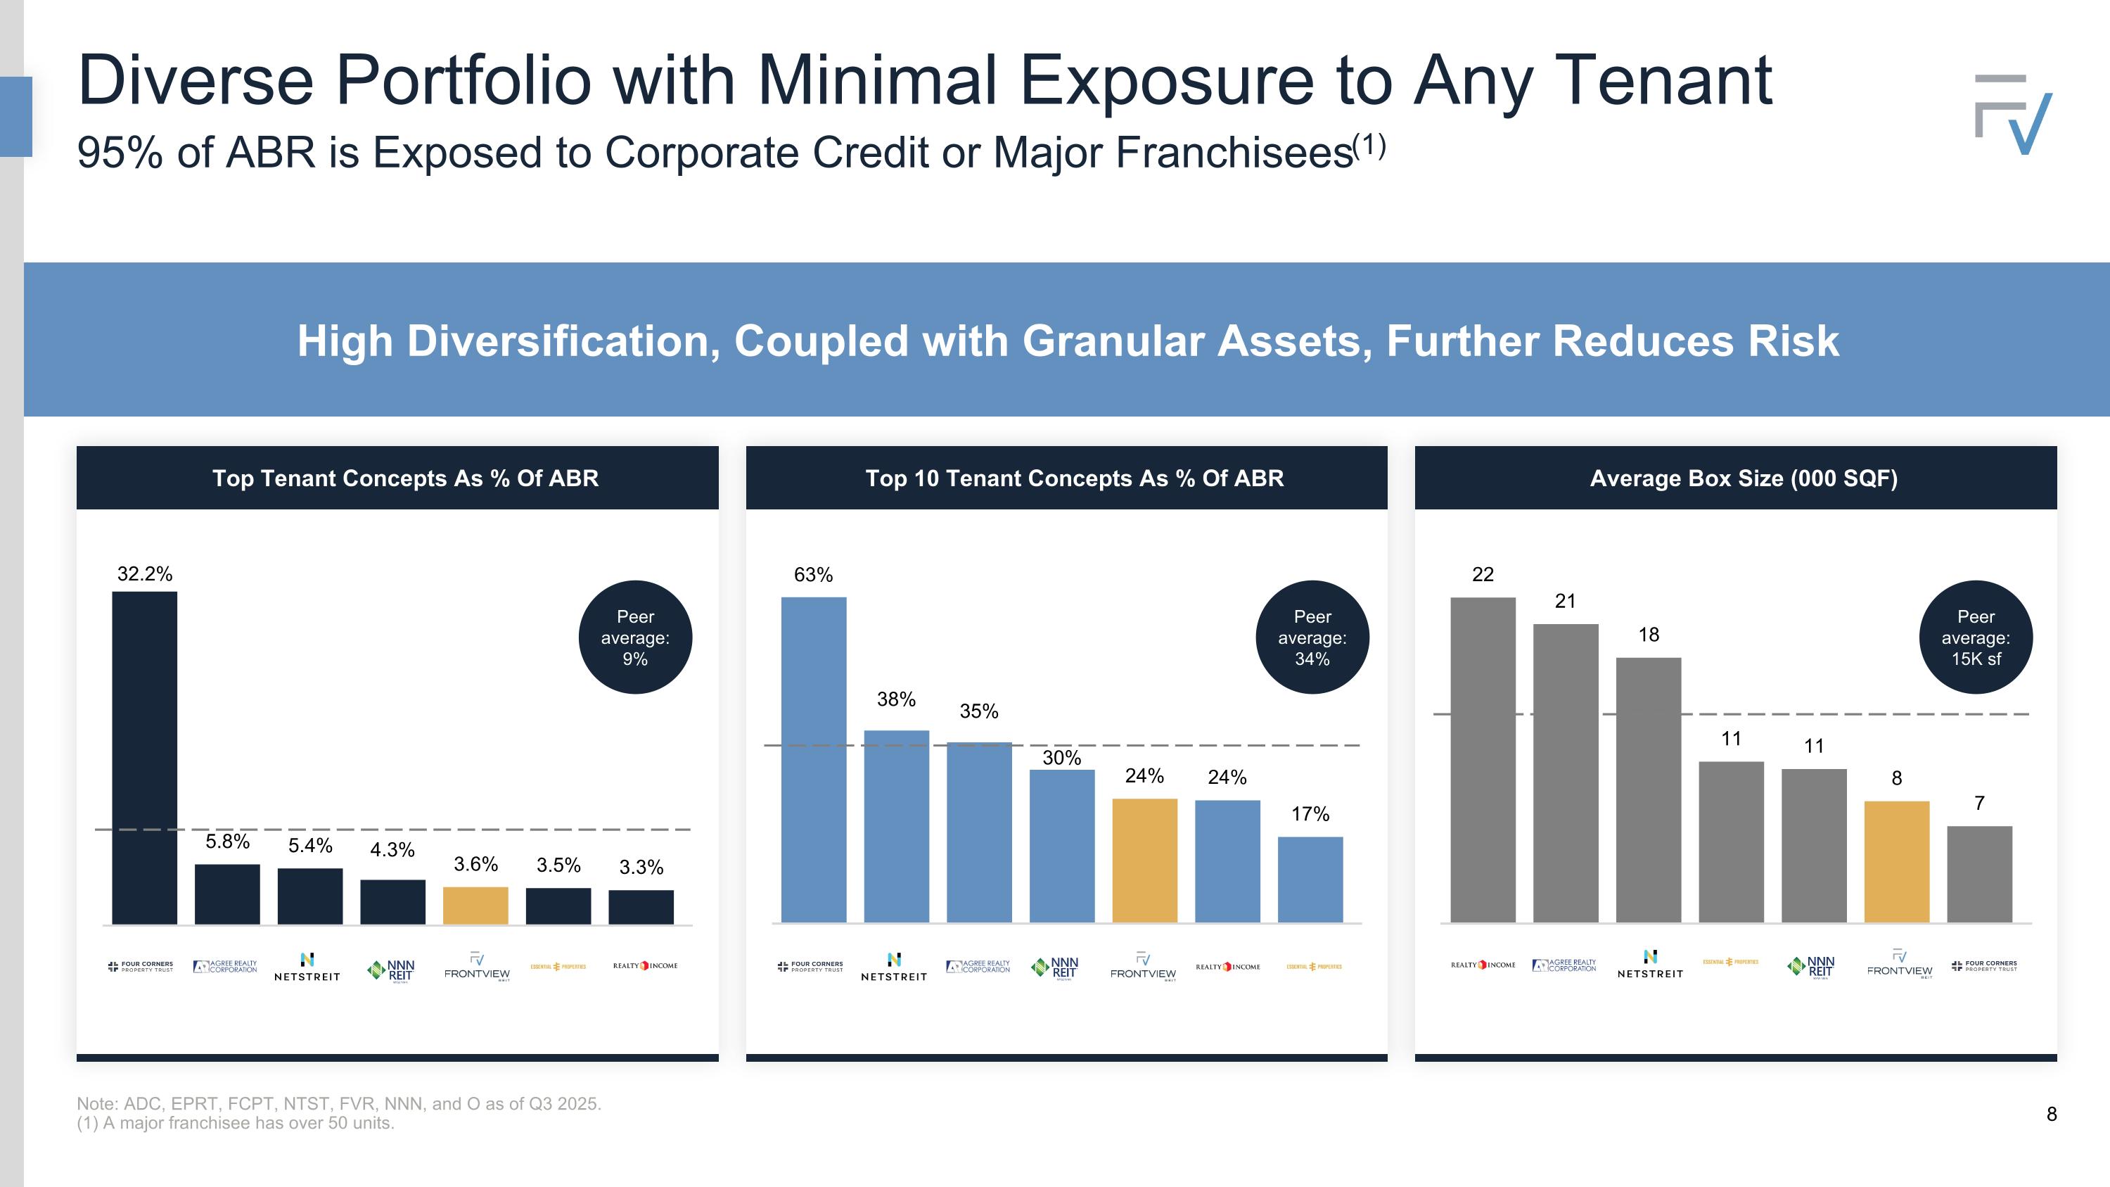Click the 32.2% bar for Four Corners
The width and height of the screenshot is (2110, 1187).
144,758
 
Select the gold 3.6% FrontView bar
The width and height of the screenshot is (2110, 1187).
475,905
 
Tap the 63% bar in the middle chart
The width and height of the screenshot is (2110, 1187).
813,759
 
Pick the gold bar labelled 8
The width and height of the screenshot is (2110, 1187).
1896,862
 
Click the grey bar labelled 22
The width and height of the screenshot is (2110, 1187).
1483,759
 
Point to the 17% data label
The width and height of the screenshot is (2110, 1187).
1310,814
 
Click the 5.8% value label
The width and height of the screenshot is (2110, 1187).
227,842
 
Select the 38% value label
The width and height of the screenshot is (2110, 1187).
896,699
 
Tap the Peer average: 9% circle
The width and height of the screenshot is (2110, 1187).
635,637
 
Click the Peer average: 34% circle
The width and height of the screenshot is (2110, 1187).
1312,637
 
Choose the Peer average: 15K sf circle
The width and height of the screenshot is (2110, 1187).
1976,637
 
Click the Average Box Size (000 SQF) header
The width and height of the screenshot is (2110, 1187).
1743,478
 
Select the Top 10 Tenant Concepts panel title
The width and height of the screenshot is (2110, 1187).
1074,478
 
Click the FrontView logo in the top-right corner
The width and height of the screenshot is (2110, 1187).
2014,115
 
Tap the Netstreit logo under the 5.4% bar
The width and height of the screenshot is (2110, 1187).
307,967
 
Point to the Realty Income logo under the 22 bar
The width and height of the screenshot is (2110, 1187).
1483,965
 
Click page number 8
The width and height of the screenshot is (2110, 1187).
2051,1114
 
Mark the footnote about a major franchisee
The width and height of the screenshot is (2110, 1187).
236,1123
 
